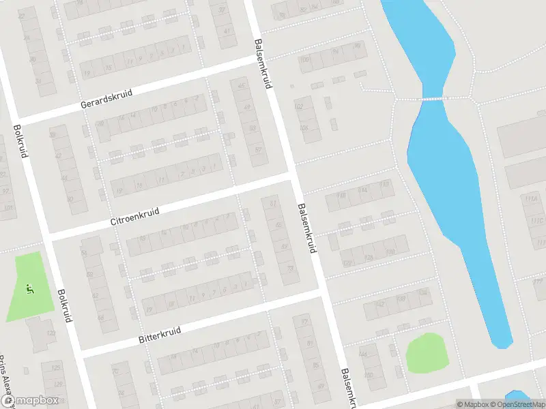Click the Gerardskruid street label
(x=105, y=99)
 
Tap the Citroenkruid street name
(x=134, y=217)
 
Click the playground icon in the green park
(x=29, y=289)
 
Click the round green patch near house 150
(x=427, y=353)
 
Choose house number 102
(x=298, y=107)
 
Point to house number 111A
(x=530, y=198)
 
